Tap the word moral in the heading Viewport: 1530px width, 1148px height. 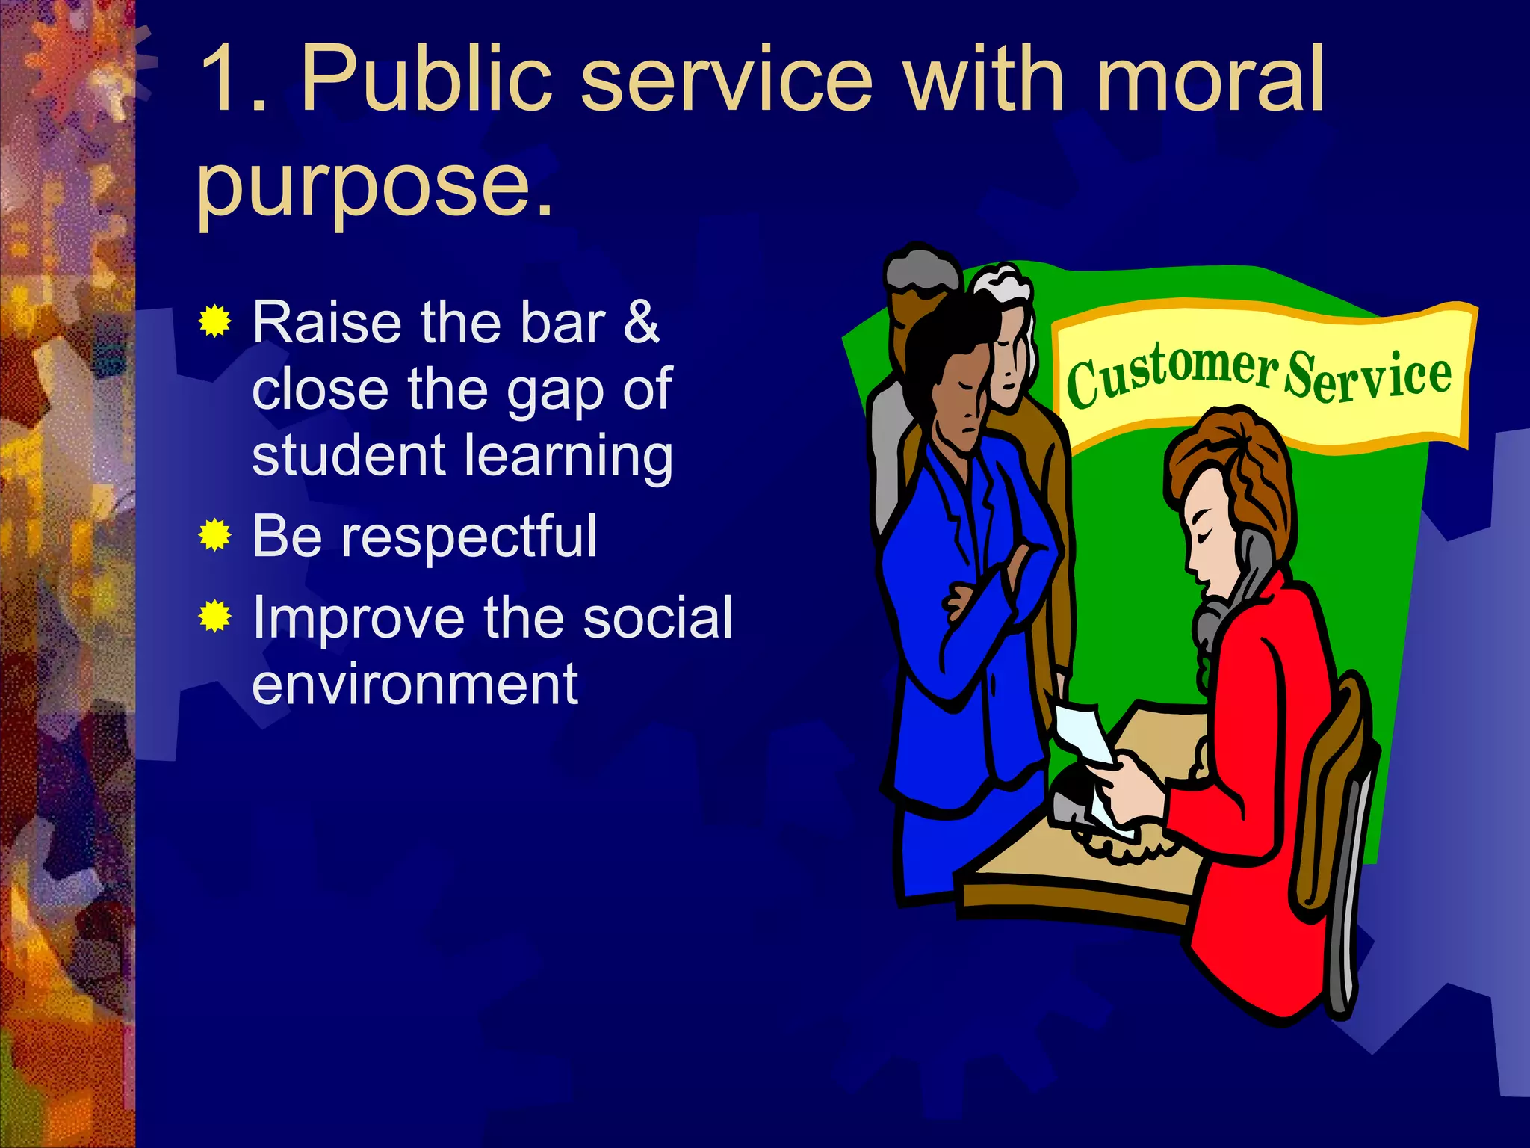point(1210,78)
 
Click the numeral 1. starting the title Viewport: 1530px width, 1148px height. point(232,78)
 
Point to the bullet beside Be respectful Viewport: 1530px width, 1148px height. point(215,535)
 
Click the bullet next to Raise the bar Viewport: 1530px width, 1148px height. point(215,321)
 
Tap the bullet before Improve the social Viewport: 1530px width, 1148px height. point(215,617)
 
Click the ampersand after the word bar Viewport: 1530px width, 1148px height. point(641,323)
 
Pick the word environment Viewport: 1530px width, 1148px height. point(415,684)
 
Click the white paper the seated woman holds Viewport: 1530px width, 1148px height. point(1083,736)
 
